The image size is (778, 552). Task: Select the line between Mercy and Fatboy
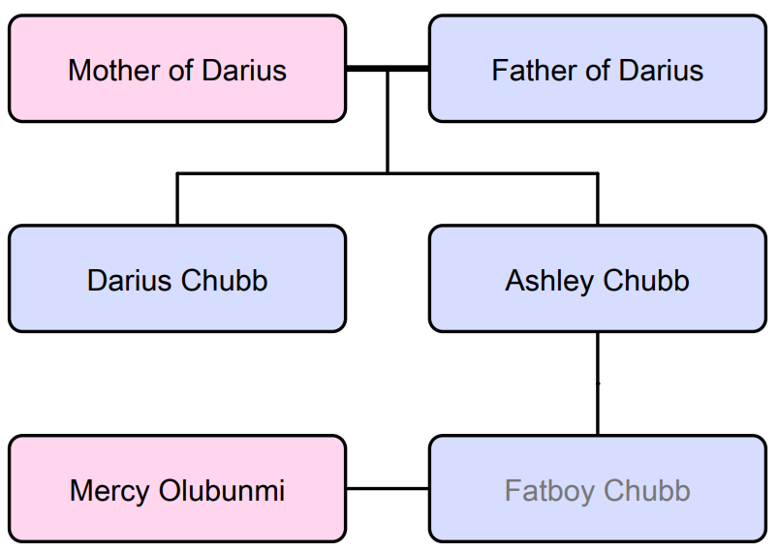[388, 488]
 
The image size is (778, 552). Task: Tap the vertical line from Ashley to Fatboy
[597, 383]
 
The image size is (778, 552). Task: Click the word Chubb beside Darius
[223, 281]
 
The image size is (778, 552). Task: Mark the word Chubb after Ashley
[645, 281]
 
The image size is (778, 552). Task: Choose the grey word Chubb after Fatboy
[645, 491]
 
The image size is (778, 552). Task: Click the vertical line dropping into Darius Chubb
[177, 199]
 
